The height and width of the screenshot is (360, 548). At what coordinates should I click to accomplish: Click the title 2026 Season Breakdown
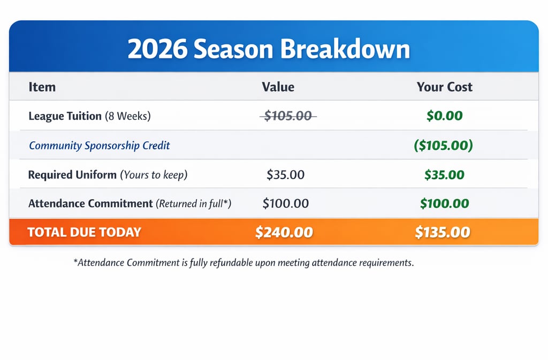(x=269, y=49)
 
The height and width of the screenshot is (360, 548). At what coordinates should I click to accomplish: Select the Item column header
(x=42, y=87)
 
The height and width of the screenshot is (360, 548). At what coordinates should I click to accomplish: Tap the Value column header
(x=278, y=87)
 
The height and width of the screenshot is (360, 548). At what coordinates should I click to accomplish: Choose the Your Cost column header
(x=444, y=87)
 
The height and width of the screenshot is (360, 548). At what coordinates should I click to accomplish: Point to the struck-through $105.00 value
(x=288, y=116)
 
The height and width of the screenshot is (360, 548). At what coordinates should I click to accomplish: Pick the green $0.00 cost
(x=444, y=116)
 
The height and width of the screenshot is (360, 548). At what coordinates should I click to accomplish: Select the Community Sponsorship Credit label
(x=99, y=145)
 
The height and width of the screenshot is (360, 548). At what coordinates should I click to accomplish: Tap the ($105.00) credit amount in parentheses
(x=443, y=145)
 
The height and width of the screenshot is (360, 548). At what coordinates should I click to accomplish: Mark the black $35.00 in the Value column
(x=286, y=174)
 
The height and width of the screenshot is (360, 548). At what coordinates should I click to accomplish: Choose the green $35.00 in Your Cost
(x=444, y=174)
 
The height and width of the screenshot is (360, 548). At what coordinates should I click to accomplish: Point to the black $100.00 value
(x=286, y=203)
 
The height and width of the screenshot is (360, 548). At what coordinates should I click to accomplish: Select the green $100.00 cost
(x=444, y=203)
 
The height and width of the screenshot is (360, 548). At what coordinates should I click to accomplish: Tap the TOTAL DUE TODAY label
(x=84, y=232)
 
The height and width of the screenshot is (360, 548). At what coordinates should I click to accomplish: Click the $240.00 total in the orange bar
(x=284, y=232)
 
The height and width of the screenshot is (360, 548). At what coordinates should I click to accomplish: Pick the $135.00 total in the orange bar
(x=443, y=232)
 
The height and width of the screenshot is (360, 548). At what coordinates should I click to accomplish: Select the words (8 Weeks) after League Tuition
(x=128, y=116)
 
